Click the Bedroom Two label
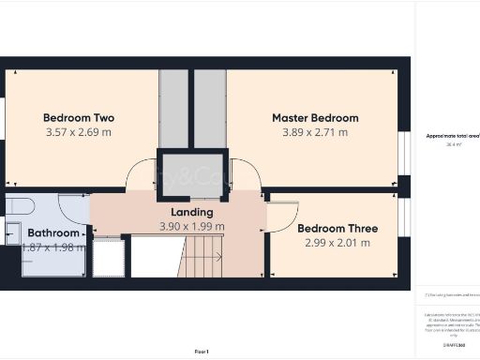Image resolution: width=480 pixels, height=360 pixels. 79,118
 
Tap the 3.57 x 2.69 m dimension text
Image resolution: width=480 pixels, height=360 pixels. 79,132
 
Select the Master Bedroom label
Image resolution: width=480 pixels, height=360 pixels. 315,118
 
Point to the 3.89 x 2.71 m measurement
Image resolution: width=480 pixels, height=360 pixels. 315,132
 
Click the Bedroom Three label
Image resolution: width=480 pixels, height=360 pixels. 337,229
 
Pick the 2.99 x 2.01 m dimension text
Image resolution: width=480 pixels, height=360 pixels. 337,243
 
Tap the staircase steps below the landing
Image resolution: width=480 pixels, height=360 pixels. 202,258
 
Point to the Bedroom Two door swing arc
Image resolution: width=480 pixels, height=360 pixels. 140,174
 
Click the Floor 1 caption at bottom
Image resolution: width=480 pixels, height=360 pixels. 202,351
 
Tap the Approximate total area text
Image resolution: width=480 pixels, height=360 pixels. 454,136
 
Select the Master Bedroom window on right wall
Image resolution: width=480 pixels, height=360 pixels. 408,152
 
